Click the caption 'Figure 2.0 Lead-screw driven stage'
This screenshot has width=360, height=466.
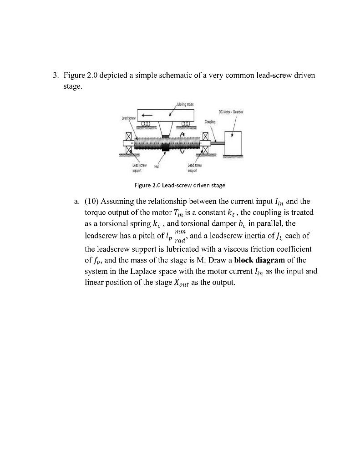pos(180,185)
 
